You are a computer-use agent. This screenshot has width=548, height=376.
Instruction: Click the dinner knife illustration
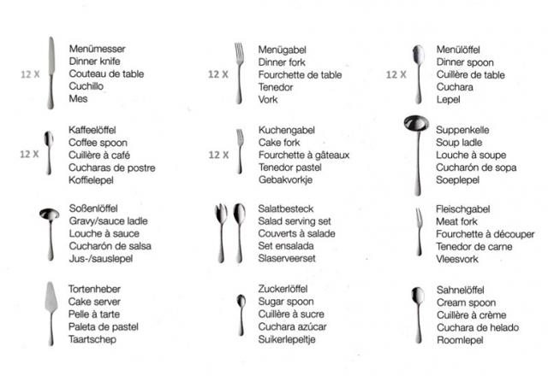(x=51, y=72)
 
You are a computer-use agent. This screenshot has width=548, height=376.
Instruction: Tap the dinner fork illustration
(x=240, y=72)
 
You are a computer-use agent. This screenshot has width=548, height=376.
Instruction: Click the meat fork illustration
(x=419, y=231)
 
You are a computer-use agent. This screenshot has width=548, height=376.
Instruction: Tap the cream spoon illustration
(x=418, y=312)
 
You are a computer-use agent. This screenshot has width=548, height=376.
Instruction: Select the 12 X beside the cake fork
(x=218, y=155)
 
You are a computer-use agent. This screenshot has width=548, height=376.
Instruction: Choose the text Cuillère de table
(x=470, y=74)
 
